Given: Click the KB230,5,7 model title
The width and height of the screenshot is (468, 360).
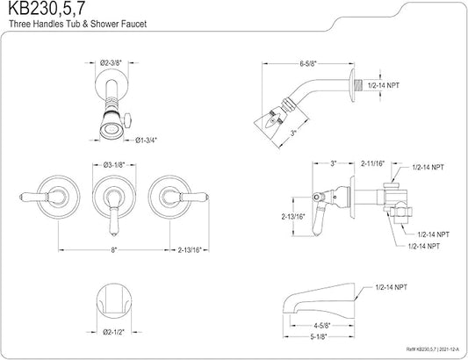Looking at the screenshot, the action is point(47,9).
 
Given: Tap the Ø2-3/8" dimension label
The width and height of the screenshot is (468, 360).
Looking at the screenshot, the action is point(111,63).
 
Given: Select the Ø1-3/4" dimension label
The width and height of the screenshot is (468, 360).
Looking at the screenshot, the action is point(146,140).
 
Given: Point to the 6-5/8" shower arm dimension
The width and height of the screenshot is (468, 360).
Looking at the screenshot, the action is point(307,63).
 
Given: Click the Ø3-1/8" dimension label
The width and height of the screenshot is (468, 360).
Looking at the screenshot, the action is point(114,165).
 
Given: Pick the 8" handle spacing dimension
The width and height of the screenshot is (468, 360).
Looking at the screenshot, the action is point(114,250).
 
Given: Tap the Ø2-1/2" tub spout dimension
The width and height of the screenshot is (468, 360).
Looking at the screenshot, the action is point(114,332).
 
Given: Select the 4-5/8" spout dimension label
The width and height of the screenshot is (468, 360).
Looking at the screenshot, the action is point(320,325).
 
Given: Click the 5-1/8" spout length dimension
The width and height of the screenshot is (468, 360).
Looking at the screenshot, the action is point(319,336).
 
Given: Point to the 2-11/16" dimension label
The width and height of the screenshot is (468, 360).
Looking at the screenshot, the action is point(373,163).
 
